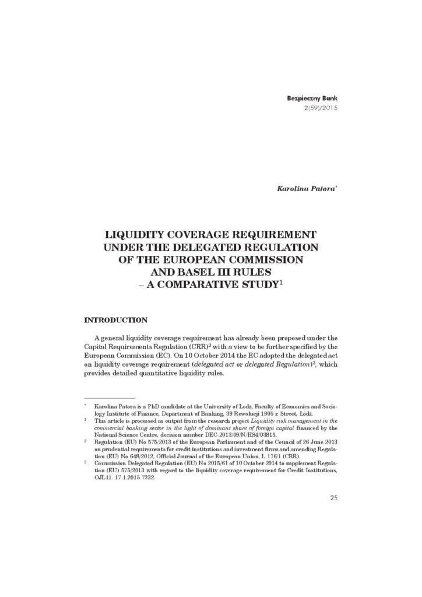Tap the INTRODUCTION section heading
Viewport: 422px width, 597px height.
pyautogui.click(x=115, y=320)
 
